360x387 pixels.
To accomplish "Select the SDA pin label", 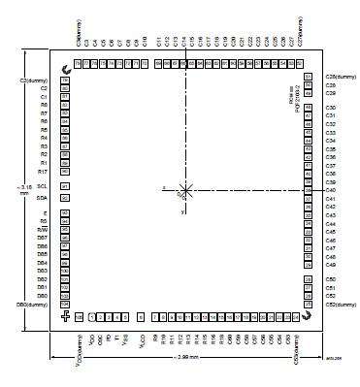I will click(x=42, y=198).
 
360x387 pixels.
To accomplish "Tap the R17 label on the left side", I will click(x=42, y=171).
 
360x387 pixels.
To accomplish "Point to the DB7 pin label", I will click(x=42, y=238).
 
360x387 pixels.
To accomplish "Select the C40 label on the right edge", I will click(x=330, y=190).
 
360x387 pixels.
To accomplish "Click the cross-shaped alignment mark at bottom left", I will click(x=65, y=316).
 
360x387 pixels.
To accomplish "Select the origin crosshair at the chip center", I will click(x=185, y=191).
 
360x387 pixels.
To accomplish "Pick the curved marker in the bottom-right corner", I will click(x=307, y=316).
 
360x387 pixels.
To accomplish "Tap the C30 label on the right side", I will click(x=330, y=108).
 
